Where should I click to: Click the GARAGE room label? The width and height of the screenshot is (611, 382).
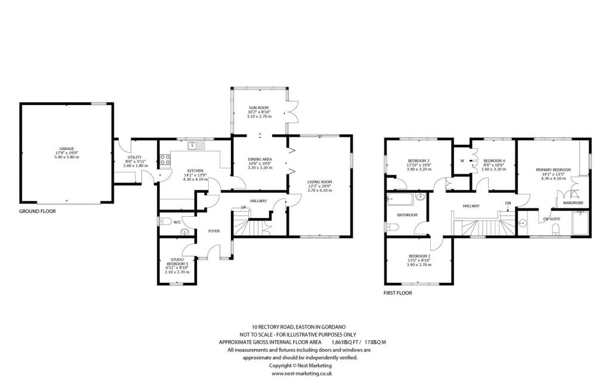coord(66,149)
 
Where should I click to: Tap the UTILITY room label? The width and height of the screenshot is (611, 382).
coord(134,157)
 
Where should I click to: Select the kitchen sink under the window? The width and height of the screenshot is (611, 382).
coord(195,145)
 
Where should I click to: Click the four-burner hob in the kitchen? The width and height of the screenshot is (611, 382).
coord(165,159)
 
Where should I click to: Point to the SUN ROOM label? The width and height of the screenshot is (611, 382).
coord(259,107)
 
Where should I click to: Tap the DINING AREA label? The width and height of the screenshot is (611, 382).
coord(260,159)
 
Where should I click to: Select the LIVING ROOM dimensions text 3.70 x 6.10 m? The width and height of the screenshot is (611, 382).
coord(319,190)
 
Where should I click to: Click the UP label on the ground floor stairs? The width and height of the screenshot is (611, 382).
coord(243,208)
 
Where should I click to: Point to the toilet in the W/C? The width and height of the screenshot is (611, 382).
coord(165,222)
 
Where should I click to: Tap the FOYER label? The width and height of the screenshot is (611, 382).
coord(214,231)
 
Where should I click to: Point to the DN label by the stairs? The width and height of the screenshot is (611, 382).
coord(508,203)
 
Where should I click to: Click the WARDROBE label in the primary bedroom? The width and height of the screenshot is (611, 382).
coord(564,203)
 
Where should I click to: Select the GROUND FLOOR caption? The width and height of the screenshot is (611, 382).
coord(37,211)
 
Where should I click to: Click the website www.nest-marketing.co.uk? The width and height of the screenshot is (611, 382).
coord(301,373)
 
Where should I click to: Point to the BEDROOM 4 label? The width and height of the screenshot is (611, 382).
coord(494,161)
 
